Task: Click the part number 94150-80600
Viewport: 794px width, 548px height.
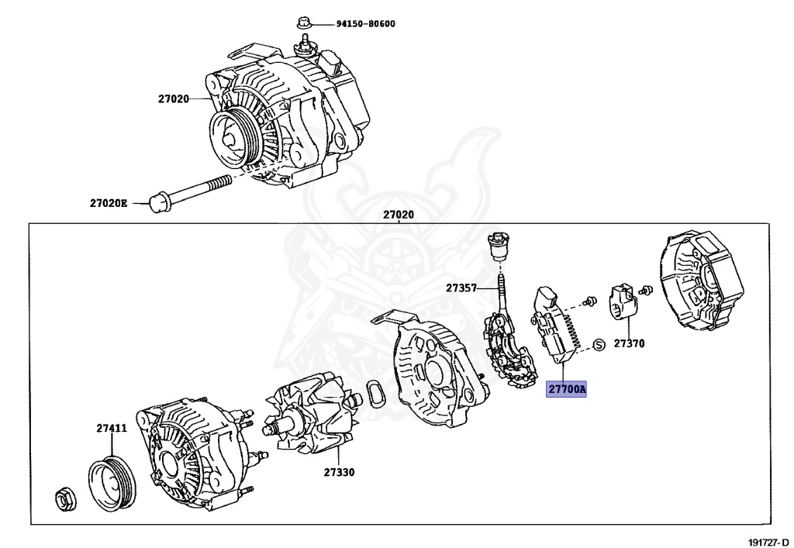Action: click(x=365, y=24)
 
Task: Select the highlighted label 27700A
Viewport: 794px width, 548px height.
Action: click(x=567, y=389)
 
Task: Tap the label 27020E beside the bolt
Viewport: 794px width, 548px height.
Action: click(x=108, y=203)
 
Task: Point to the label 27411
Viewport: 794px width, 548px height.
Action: click(x=112, y=428)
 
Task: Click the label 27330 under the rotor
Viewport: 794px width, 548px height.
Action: click(x=339, y=471)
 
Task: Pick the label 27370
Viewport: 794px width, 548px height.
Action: click(x=629, y=343)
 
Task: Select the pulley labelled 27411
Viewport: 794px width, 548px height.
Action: click(x=110, y=484)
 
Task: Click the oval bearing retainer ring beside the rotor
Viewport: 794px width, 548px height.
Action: click(x=377, y=395)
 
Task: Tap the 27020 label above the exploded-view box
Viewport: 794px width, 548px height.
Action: click(x=399, y=215)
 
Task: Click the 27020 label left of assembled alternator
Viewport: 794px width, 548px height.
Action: click(x=173, y=98)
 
